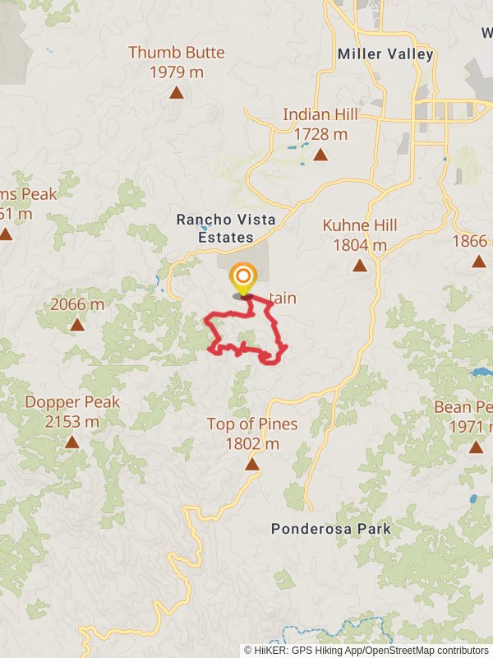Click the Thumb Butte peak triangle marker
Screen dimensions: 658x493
176,92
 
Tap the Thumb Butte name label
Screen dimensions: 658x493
176,53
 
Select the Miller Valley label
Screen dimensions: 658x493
385,54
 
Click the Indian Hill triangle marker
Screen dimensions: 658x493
320,154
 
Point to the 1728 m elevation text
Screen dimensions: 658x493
320,134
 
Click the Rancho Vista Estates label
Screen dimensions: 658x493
215,229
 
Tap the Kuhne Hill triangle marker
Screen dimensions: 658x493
359,265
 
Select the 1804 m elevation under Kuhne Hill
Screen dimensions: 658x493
359,245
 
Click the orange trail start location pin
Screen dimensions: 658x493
242,278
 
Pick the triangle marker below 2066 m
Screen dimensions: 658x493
77,325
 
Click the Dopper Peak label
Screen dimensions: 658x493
72,402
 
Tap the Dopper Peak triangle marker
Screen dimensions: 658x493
72,443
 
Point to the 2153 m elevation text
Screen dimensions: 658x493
72,422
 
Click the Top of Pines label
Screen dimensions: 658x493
251,424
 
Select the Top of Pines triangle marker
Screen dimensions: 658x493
251,465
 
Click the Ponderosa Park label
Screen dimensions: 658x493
331,529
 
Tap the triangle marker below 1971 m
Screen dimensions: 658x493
476,447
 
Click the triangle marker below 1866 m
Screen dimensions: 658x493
478,262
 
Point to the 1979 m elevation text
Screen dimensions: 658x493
176,72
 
